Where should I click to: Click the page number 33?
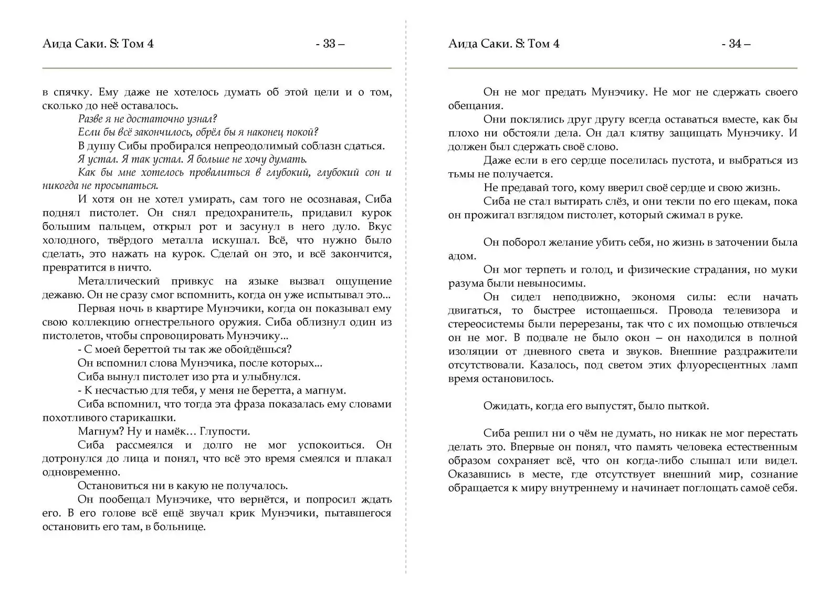coord(329,44)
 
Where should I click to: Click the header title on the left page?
coord(98,44)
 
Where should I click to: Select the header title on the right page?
coord(504,44)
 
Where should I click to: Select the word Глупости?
coord(224,431)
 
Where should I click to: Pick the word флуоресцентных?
coord(714,365)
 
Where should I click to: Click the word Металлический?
coord(118,281)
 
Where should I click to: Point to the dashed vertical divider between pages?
coord(406,315)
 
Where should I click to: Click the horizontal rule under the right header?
coord(623,68)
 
